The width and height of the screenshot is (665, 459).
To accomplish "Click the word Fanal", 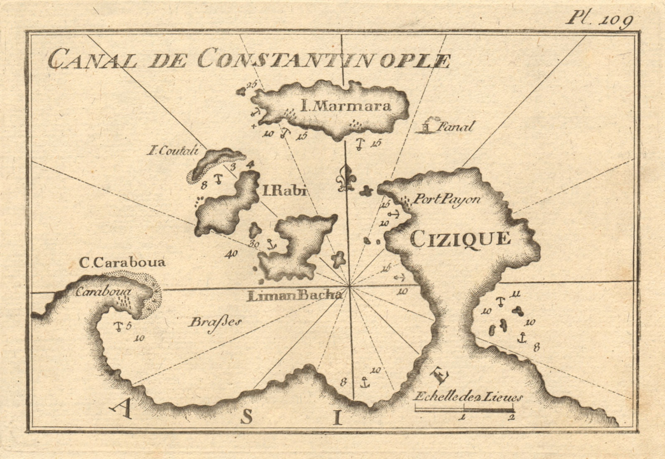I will click(456, 126).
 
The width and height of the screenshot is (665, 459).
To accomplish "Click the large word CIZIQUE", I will click(460, 238).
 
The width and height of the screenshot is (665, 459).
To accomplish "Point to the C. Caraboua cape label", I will click(122, 263).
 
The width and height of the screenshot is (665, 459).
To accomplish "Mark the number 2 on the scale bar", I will click(512, 417).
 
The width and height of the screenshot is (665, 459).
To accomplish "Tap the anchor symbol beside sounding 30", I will click(272, 245).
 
